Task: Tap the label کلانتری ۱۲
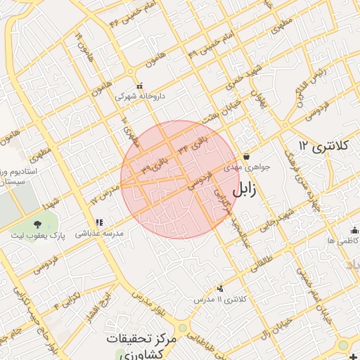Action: pyautogui.click(x=323, y=146)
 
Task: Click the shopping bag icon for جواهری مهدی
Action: pyautogui.click(x=247, y=156)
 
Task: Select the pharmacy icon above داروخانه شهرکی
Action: pyautogui.click(x=139, y=86)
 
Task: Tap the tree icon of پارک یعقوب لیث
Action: pyautogui.click(x=37, y=225)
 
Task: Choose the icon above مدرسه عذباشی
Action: pyautogui.click(x=99, y=222)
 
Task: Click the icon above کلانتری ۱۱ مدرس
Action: pyautogui.click(x=221, y=288)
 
